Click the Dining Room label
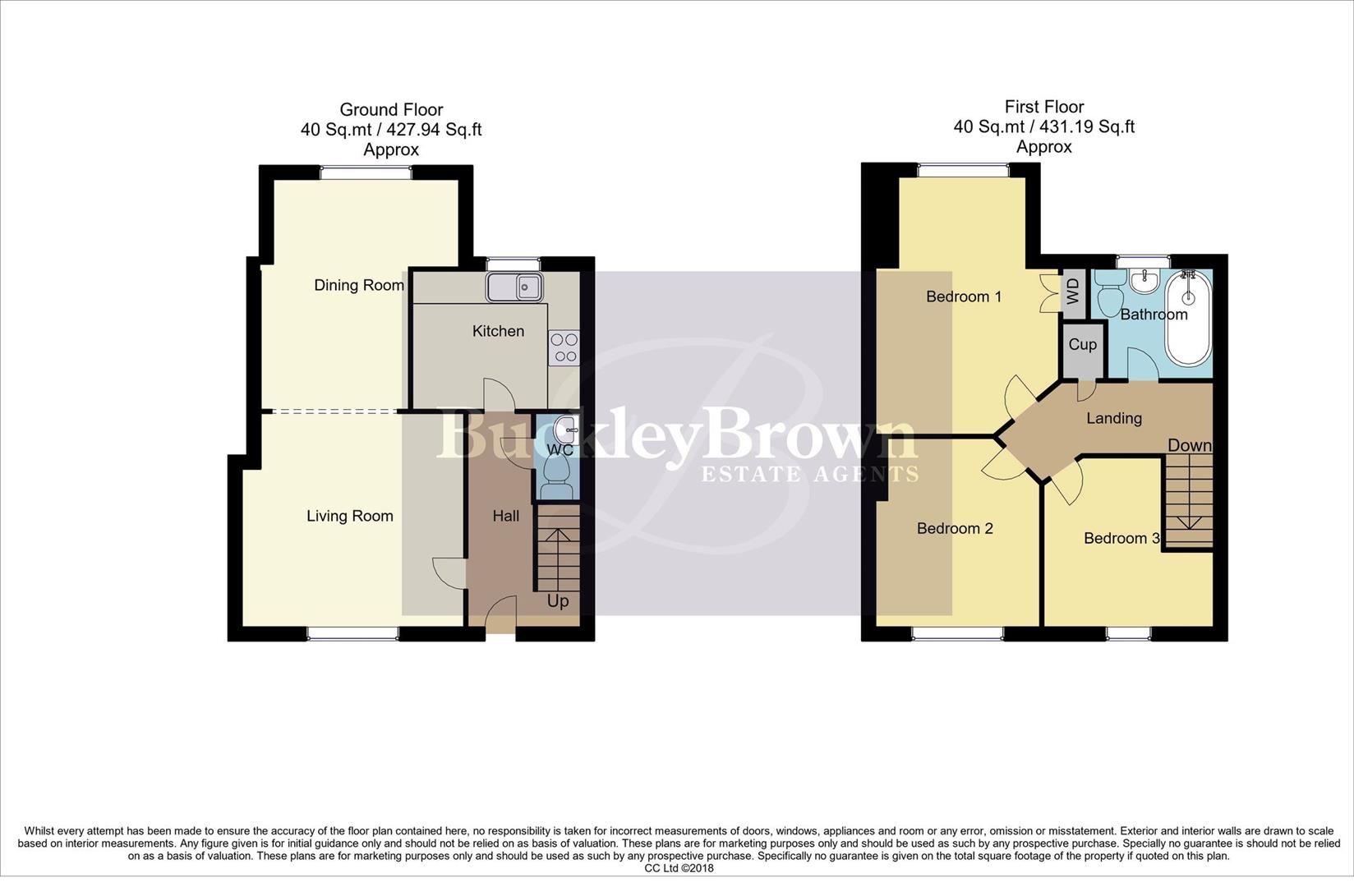[359, 285]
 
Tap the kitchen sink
[512, 287]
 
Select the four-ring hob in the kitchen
[564, 347]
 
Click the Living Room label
[350, 516]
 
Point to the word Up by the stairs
[558, 601]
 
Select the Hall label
[506, 516]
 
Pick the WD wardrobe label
[1072, 291]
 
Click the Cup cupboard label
[1082, 344]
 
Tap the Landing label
[1114, 418]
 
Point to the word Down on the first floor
[1190, 445]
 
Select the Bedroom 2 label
[955, 528]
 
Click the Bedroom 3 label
[1121, 538]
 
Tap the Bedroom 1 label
[964, 296]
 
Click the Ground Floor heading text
[391, 109]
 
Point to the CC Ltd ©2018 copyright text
[679, 867]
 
